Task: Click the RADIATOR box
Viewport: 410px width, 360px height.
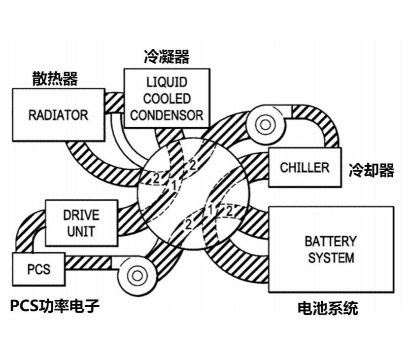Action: (58, 115)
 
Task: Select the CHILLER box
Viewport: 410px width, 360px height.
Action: (304, 167)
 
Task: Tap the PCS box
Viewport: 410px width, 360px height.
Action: (38, 269)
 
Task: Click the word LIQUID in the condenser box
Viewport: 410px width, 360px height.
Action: (167, 82)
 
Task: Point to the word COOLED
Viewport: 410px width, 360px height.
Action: (167, 99)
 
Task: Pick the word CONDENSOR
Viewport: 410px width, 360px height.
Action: (167, 115)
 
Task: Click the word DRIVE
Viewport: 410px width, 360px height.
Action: (81, 215)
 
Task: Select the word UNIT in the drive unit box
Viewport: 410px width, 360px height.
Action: (81, 231)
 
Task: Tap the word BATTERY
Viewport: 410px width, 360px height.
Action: (330, 241)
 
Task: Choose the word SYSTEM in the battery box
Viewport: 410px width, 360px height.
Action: (331, 257)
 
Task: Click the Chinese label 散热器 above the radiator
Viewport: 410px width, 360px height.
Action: (55, 78)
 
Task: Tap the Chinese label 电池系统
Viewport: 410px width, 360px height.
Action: (328, 309)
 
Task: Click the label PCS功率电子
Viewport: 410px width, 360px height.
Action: (55, 306)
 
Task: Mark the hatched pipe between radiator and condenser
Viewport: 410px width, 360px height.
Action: (114, 102)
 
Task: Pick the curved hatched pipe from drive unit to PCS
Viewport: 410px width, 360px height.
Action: (27, 232)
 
